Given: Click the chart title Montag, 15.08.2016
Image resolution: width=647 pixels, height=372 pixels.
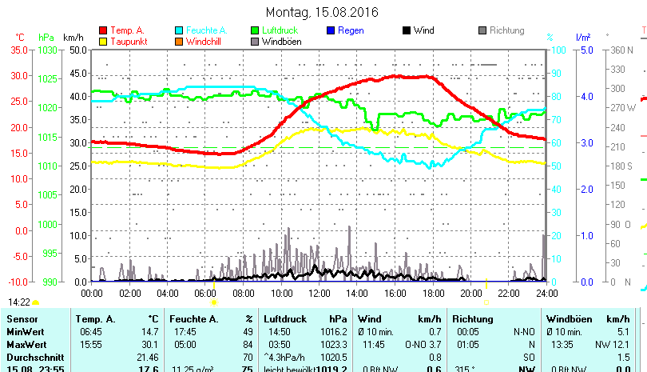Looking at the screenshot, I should pos(322,12).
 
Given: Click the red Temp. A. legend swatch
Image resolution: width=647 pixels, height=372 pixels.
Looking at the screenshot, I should pos(104,30).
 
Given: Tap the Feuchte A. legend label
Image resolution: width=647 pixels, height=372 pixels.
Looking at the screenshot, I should pos(200,30).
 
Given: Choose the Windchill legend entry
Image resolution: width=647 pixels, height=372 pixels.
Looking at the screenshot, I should pos(204,42).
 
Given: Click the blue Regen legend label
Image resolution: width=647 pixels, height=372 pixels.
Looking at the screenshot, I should pos(351,30).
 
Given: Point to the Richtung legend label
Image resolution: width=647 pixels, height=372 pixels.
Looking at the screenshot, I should pos(506,30).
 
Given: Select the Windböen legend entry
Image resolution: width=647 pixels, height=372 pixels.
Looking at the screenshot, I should pos(282,42).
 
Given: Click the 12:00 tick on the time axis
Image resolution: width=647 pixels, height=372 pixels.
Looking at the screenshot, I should pos(319,294).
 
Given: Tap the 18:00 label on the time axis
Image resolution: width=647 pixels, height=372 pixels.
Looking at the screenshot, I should pos(432,294).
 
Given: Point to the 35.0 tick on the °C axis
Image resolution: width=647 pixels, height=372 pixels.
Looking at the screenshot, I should pos(18,50).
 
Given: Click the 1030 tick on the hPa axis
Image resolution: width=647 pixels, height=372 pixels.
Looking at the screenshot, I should pos(48,50).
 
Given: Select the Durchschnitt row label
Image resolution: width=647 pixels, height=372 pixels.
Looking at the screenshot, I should pos(33,358).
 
